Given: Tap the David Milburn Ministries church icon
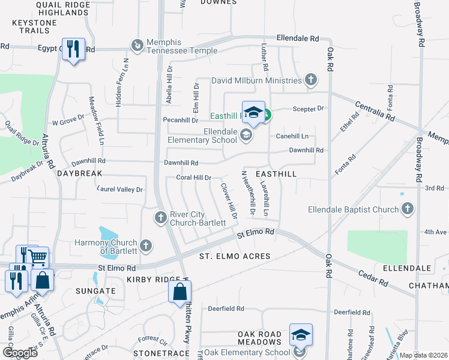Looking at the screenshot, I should point(311,80).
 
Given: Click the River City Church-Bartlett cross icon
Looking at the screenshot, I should point(160,217).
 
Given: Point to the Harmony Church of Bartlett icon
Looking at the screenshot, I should point(145,245).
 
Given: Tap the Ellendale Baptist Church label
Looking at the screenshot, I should point(353,209).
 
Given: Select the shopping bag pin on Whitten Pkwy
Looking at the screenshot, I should point(179,293).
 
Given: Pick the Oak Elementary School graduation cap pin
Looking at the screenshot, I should point(301,335).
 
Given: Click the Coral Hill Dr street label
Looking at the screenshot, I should point(193,178).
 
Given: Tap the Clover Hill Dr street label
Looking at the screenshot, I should point(230,200).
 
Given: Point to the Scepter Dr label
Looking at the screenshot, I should point(308,109).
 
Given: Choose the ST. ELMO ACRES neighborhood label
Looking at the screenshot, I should point(235,256).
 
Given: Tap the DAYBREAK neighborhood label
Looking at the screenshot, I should point(81,173).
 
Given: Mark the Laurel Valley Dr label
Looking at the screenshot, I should point(120,190).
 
